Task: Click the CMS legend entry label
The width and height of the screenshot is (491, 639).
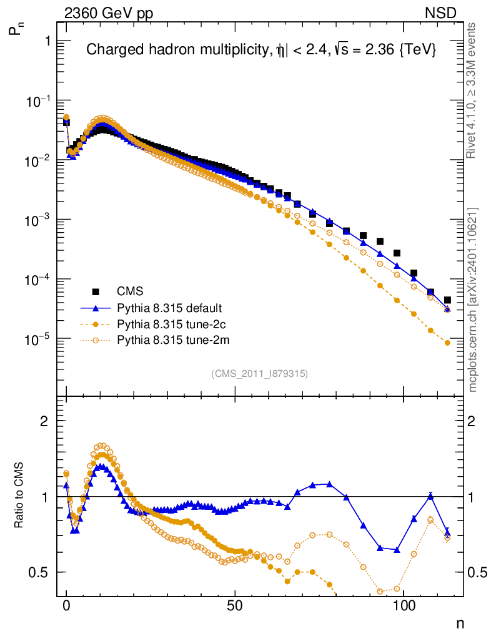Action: pos(130,291)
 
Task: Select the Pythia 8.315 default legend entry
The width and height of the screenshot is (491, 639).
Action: pos(169,308)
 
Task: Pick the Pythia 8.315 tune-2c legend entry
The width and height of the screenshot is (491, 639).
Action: pos(170,324)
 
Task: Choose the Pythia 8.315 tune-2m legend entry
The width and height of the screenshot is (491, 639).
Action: pos(171,341)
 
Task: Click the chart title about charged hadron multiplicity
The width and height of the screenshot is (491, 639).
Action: pos(260,50)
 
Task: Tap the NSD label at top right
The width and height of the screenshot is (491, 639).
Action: pos(441,13)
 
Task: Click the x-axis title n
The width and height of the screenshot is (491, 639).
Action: pos(460,623)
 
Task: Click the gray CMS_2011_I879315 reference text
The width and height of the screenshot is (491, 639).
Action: pos(260,374)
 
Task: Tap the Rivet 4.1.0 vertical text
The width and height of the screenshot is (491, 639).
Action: pos(473,90)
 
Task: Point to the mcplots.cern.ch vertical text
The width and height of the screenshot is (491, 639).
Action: pos(473,300)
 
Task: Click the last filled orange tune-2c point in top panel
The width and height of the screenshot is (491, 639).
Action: pos(447,343)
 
